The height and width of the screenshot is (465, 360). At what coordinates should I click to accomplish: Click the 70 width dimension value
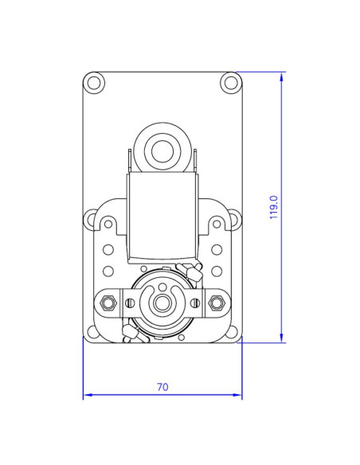[x=162, y=388]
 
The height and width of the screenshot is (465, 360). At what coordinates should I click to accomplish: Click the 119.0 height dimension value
[x=274, y=207]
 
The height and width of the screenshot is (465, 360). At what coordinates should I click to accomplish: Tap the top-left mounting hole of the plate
[x=94, y=82]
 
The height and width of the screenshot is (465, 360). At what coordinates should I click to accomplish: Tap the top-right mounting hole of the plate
[x=230, y=82]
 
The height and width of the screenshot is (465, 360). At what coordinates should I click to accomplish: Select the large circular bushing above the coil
[x=162, y=148]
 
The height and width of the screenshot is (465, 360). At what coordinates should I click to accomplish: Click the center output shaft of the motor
[x=162, y=303]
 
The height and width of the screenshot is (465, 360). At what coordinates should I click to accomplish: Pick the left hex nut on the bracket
[x=109, y=303]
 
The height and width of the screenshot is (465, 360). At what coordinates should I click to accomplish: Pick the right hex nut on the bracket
[x=216, y=303]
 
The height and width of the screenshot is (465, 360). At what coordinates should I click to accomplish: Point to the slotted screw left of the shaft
[x=130, y=303]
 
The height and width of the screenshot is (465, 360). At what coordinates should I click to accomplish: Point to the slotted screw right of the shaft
[x=195, y=303]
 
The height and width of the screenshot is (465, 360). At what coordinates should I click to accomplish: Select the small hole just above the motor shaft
[x=162, y=287]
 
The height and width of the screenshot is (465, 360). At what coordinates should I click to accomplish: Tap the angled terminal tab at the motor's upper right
[x=190, y=270]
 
